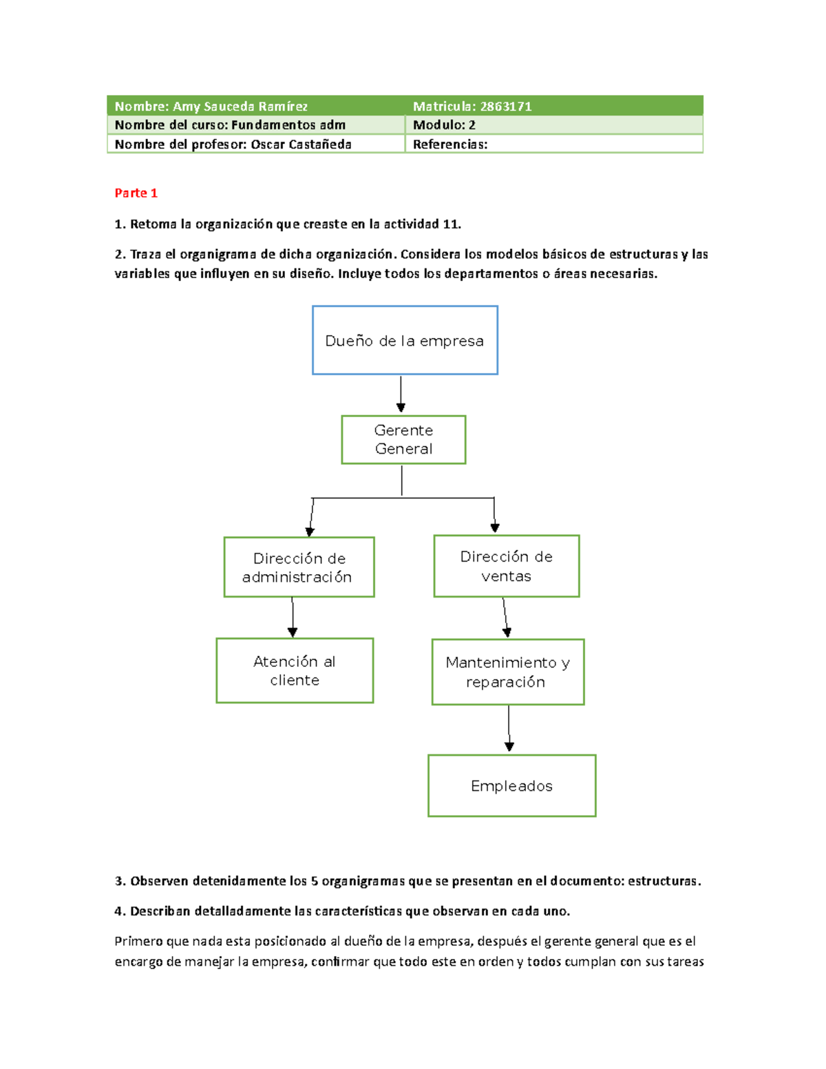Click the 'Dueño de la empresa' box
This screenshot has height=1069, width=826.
[x=405, y=340]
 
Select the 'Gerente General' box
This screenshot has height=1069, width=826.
[x=403, y=440]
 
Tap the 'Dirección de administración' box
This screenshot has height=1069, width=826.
[x=299, y=567]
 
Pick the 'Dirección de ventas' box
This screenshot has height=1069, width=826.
[x=506, y=566]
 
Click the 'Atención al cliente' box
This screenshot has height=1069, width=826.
[x=295, y=670]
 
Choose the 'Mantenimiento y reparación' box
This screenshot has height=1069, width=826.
[x=507, y=672]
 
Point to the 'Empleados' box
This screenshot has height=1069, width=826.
[x=511, y=785]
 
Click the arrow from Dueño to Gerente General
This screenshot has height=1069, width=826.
[x=401, y=394]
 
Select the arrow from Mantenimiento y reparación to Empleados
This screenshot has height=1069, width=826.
[x=509, y=728]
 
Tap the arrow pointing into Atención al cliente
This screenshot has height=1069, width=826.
[x=293, y=617]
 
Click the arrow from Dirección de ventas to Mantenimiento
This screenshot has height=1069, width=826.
[x=505, y=617]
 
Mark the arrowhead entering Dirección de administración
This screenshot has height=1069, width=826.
[x=310, y=531]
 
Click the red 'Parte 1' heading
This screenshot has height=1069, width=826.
[x=136, y=193]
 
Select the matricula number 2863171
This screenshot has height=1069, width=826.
[x=506, y=106]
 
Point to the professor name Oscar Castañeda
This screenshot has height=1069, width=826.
[x=301, y=144]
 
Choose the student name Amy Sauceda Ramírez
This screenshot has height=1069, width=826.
[x=240, y=106]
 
